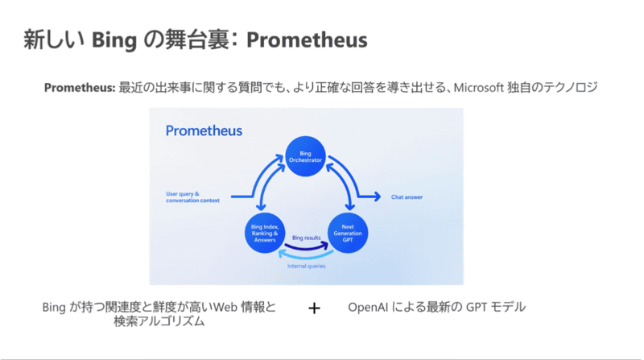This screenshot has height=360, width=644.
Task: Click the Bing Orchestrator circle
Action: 305,156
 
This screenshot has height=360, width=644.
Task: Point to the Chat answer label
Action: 407,196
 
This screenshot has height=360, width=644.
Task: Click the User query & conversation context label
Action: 194,196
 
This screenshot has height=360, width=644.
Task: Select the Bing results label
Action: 307,238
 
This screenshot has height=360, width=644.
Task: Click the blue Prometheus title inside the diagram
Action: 203,130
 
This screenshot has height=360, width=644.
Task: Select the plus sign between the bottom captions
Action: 315,308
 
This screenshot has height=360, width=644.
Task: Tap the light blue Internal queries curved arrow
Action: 307,255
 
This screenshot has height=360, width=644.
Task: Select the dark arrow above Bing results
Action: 307,246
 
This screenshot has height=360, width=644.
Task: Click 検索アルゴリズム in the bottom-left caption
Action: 159,322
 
